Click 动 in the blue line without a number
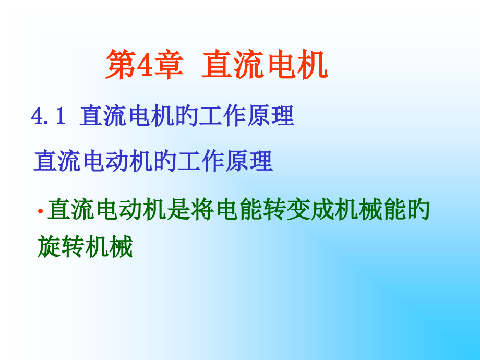pyautogui.click(x=117, y=162)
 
